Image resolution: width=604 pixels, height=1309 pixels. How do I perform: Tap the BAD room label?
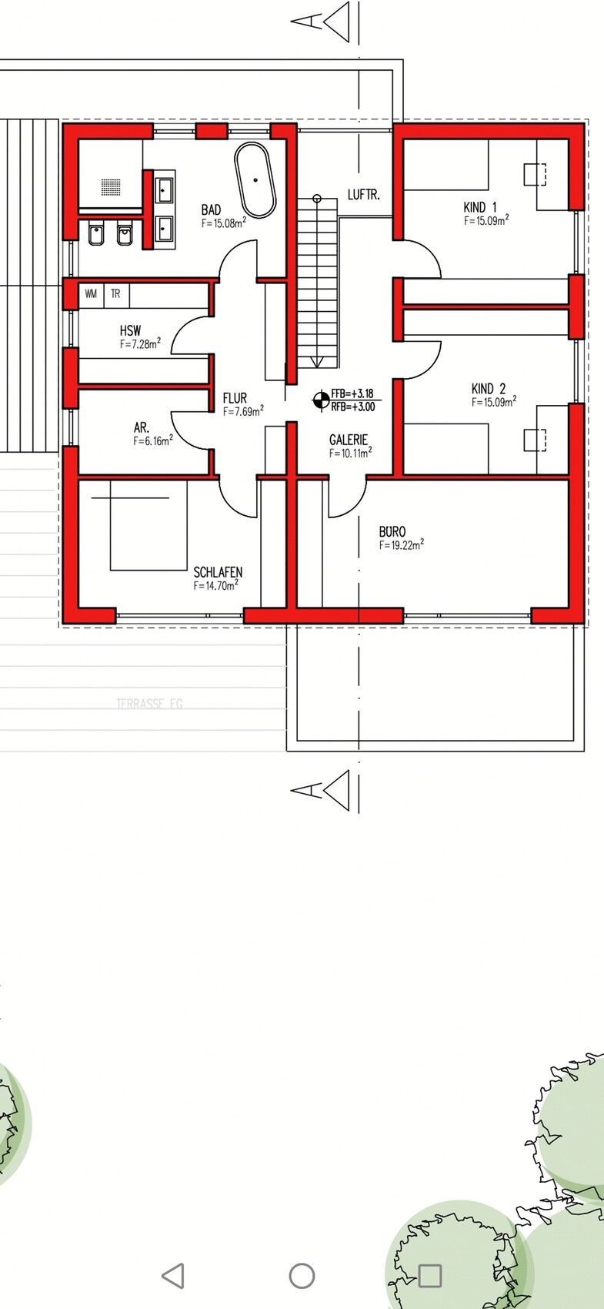(211, 209)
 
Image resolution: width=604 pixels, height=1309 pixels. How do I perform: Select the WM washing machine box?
(91, 294)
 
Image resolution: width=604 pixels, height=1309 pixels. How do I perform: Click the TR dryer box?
(115, 294)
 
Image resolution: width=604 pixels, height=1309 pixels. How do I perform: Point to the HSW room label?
(130, 331)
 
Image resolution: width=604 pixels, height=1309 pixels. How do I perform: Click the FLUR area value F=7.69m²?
(243, 411)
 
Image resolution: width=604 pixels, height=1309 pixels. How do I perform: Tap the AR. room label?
(142, 428)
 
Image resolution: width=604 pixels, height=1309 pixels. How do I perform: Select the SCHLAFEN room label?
(218, 572)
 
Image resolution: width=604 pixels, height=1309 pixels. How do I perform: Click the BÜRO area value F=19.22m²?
(402, 544)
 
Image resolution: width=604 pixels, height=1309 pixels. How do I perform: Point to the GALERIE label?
(349, 440)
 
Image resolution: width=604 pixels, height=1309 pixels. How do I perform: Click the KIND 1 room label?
(480, 207)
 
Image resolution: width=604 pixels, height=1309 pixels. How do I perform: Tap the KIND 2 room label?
(489, 389)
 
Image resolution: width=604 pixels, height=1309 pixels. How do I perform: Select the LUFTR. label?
(363, 195)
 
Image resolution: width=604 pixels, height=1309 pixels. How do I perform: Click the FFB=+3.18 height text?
(352, 394)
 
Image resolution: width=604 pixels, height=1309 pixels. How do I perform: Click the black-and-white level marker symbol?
(321, 400)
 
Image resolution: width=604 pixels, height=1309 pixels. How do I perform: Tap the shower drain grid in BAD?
(111, 187)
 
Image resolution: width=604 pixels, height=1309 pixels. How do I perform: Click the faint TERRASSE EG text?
(149, 704)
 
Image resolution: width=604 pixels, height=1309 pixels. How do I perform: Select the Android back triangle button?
(173, 1276)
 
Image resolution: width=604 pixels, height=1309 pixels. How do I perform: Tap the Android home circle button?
(302, 1276)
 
